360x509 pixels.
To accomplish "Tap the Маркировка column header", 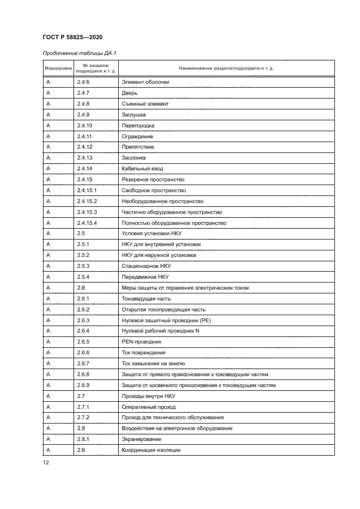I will (x=57, y=69).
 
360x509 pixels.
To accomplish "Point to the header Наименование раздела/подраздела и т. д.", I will (x=226, y=69).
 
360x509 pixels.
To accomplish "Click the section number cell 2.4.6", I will (x=83, y=82).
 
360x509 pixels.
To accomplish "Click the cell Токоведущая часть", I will (x=146, y=298).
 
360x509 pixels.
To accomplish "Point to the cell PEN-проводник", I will (x=142, y=341).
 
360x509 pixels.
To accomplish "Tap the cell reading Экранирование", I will (x=142, y=439).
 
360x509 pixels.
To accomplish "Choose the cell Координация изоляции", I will (x=151, y=450).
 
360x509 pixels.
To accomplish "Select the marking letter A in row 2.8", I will (x=48, y=428).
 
